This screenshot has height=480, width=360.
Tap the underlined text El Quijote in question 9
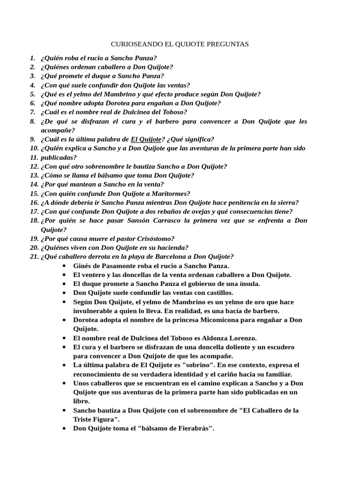pyautogui.click(x=146, y=139)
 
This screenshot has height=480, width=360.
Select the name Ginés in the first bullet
pyautogui.click(x=82, y=266)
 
